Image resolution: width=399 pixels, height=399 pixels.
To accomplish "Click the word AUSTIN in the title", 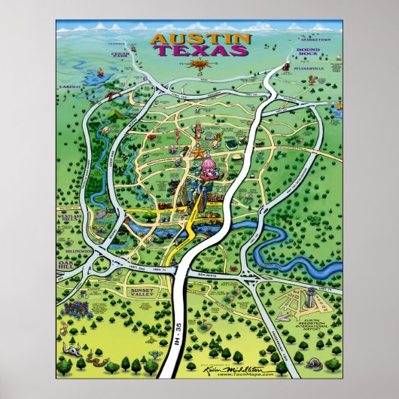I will (199, 38).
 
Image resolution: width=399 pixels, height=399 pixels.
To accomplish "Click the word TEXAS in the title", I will (200, 51).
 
